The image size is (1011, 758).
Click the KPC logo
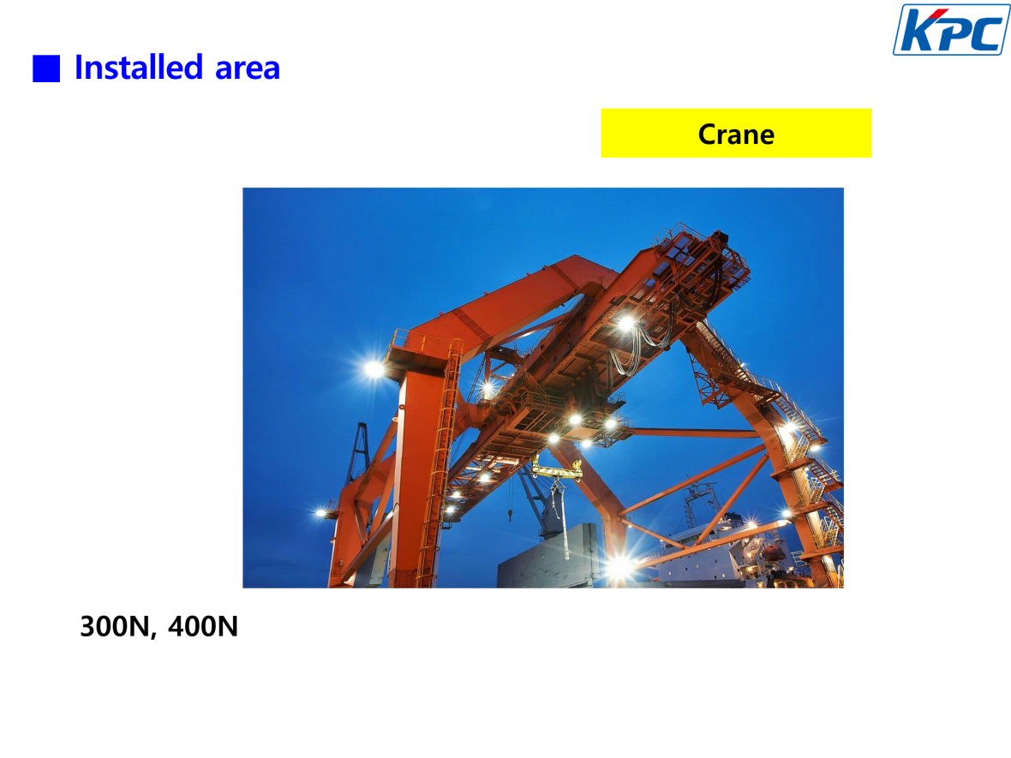coord(951,30)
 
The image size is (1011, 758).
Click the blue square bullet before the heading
coord(46,69)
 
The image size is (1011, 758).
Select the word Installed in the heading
coord(140,67)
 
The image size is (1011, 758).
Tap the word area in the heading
coord(248,69)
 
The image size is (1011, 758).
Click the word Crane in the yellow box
coord(736,134)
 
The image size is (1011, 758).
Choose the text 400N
coord(203,626)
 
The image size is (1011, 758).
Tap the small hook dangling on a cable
coord(510,515)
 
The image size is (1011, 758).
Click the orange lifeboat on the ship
coord(771,552)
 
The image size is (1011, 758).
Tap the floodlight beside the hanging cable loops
coord(624,322)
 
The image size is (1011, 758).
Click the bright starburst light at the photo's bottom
coord(619,566)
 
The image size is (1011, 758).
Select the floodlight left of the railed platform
coord(374,368)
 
